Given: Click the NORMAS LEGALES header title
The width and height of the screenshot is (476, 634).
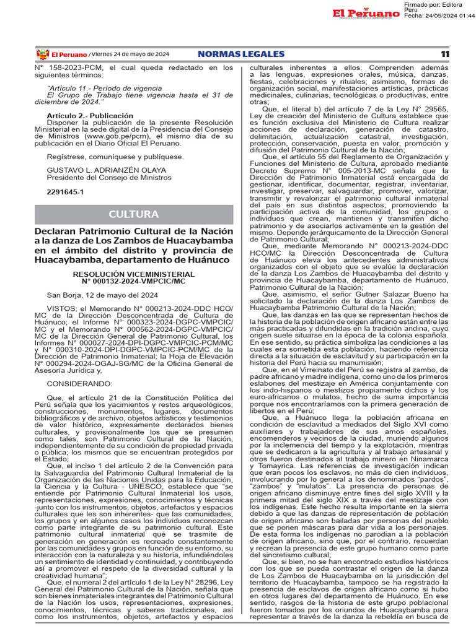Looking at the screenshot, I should coord(241,54).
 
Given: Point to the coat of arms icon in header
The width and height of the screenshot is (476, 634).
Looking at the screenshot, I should coord(43,54).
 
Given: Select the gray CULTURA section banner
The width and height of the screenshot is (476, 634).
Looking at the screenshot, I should coord(134,214).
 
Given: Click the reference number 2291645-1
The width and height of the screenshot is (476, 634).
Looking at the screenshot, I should coord(64,193).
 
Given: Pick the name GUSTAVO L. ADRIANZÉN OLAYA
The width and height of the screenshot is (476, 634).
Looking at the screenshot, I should coord(98,170).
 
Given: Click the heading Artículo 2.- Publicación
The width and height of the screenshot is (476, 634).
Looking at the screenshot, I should coord(90,116).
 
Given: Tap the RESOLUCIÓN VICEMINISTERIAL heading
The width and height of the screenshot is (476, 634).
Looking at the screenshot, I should coord(134,273).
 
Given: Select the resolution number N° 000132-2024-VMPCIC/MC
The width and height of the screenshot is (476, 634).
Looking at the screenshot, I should coord(134,280).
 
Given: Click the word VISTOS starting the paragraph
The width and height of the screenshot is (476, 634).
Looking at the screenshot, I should coord(61,308).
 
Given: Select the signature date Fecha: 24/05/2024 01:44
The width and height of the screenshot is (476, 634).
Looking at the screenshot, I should coord(439,15).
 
